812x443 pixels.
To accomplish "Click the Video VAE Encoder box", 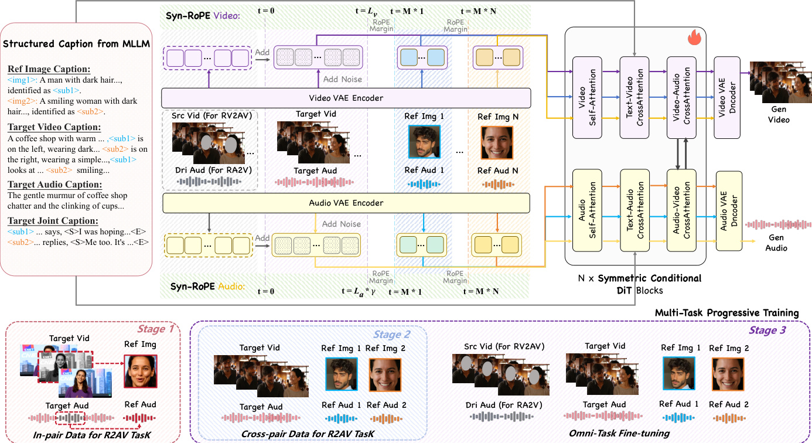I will (346, 97).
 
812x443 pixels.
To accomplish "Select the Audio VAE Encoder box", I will (346, 203).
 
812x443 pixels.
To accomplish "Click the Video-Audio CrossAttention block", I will (681, 94).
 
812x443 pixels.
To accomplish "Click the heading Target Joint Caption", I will (53, 220).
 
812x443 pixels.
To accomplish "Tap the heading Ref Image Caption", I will (49, 68).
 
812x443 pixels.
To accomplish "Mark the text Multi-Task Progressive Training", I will (726, 312).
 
